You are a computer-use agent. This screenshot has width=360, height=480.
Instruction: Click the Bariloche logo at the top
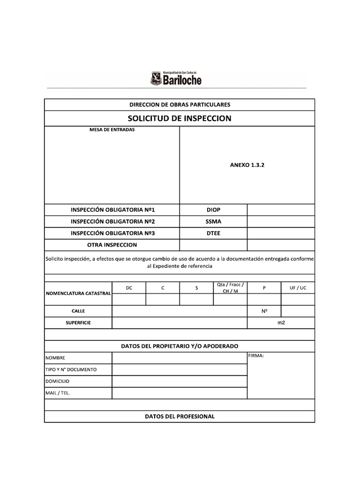(x=176, y=78)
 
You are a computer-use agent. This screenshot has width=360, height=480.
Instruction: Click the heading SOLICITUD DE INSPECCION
(x=180, y=118)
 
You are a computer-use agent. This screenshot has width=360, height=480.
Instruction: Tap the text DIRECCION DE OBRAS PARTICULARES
(x=180, y=105)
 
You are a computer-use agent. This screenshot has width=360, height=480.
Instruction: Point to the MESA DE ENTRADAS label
(x=112, y=130)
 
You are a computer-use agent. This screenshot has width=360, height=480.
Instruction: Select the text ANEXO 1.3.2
(x=247, y=165)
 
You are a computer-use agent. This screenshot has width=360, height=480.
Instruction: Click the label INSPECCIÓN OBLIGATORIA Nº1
(x=112, y=210)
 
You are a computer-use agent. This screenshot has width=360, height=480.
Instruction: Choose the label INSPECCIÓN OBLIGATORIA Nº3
(x=112, y=233)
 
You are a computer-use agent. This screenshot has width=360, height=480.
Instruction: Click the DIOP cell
(x=213, y=210)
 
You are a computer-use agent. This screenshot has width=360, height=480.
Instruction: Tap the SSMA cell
(x=213, y=221)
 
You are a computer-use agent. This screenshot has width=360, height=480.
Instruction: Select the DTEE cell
(x=213, y=233)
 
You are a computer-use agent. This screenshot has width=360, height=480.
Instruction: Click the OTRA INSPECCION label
(x=112, y=245)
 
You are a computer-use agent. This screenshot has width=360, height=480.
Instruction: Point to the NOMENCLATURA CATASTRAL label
(x=78, y=293)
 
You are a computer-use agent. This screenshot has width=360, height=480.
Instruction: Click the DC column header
(x=129, y=288)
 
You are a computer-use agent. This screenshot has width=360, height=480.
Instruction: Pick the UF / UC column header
(x=298, y=288)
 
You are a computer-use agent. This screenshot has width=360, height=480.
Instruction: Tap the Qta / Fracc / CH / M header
(x=230, y=288)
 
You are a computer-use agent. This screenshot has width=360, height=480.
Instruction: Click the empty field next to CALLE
(x=179, y=311)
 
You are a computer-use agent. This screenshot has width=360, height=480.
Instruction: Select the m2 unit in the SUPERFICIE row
(x=281, y=323)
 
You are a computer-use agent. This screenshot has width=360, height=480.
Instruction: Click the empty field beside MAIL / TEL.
(x=179, y=393)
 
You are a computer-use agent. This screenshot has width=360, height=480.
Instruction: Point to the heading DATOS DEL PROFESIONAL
(x=180, y=416)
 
